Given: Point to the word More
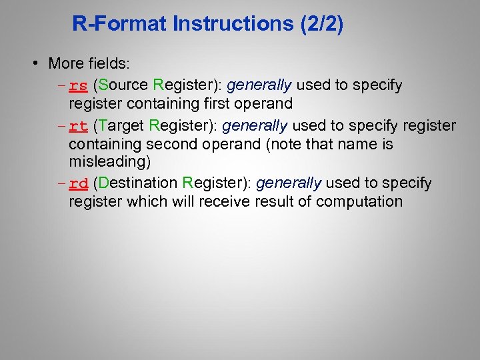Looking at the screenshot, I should click(x=65, y=64).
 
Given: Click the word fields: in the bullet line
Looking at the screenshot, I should click(x=108, y=64).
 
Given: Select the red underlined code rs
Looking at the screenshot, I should click(x=79, y=85).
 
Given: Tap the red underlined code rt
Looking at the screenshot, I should click(x=79, y=125).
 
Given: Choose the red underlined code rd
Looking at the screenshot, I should click(x=79, y=183).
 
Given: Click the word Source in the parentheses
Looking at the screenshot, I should click(x=124, y=85).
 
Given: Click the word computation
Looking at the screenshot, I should click(x=360, y=201).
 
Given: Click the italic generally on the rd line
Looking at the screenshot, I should click(x=289, y=183).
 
